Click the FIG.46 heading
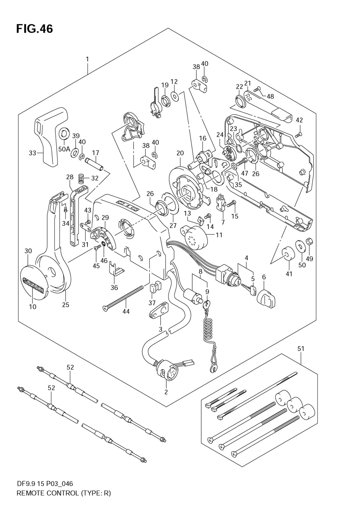point(35,29)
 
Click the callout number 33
point(32,153)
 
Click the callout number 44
point(126,311)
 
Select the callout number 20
point(180,153)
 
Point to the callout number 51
point(301,348)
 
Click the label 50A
point(64,149)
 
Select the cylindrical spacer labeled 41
point(288,254)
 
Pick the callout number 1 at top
point(87,59)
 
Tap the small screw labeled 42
point(298,135)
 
